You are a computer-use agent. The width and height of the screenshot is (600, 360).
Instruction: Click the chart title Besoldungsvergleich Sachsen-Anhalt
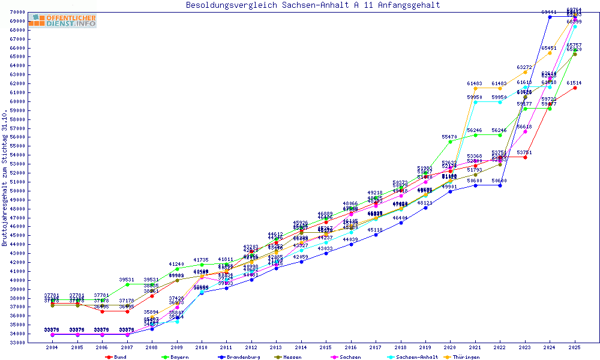point(313,5)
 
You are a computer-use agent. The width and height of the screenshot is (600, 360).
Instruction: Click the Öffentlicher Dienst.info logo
point(62,21)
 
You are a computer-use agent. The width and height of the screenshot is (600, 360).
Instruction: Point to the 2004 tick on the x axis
point(52,347)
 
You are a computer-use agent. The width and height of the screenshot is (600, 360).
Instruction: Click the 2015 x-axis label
point(325,347)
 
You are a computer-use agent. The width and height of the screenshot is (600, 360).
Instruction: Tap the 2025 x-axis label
point(574,347)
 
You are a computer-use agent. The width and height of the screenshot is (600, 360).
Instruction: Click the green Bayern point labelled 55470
point(450,142)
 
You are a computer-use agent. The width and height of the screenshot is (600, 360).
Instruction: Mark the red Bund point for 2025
point(575,88)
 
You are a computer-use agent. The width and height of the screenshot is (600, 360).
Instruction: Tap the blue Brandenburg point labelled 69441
point(550,17)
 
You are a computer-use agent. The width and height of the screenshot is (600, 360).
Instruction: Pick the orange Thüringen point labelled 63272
point(525,72)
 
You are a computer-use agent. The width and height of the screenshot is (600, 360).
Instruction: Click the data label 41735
point(202,260)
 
